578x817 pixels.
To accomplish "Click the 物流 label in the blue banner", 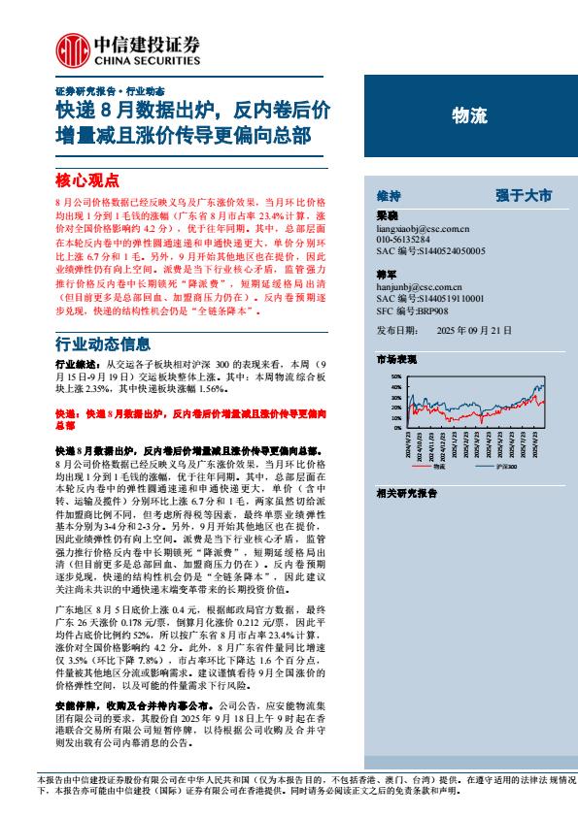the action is point(470,116).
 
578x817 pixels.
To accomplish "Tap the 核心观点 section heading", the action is point(86,180).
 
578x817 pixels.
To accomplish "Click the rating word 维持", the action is point(388,195).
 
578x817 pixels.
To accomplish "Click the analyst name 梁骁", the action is point(387,216).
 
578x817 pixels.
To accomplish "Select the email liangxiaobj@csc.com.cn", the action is point(423,228).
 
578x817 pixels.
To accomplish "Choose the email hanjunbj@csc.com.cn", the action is point(420,288).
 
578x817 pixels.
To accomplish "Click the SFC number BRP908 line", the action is point(412,310).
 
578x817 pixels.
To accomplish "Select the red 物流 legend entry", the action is point(432,467).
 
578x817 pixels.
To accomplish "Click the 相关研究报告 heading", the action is point(406,493).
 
